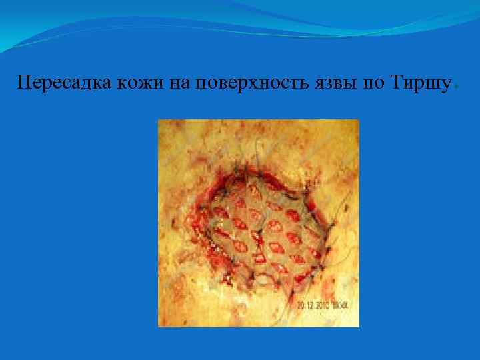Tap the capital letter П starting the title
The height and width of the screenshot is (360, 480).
25,83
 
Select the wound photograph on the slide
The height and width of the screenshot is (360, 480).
258,223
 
